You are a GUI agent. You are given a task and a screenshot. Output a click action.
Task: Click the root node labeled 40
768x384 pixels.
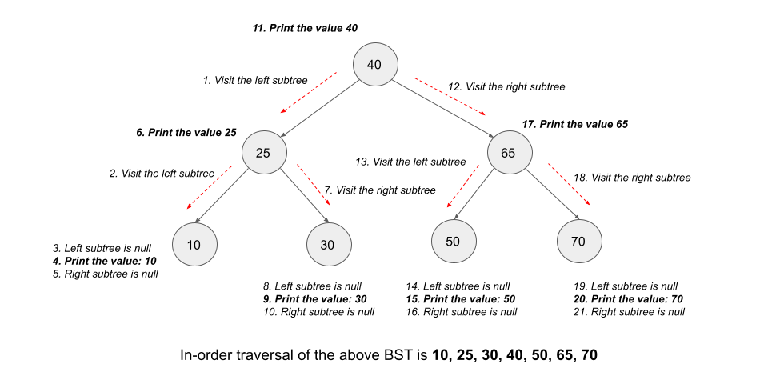374,65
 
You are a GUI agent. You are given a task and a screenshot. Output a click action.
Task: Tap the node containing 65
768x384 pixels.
507,152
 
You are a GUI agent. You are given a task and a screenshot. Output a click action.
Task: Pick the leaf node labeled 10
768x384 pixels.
194,245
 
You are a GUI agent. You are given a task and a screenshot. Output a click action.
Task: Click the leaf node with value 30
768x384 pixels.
328,245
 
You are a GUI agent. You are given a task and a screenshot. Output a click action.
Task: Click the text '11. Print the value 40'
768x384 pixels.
305,28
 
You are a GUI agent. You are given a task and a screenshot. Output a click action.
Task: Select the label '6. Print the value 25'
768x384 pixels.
186,132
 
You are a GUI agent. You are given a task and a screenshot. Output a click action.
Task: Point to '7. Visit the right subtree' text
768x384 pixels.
380,190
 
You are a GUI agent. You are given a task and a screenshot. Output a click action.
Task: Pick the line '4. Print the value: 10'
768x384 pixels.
104,261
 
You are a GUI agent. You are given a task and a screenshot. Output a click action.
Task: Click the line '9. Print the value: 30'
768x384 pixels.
314,298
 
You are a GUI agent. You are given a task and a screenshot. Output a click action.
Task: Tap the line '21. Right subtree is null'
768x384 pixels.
629,311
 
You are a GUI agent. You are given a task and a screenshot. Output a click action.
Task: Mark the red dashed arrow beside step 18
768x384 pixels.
570,185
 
